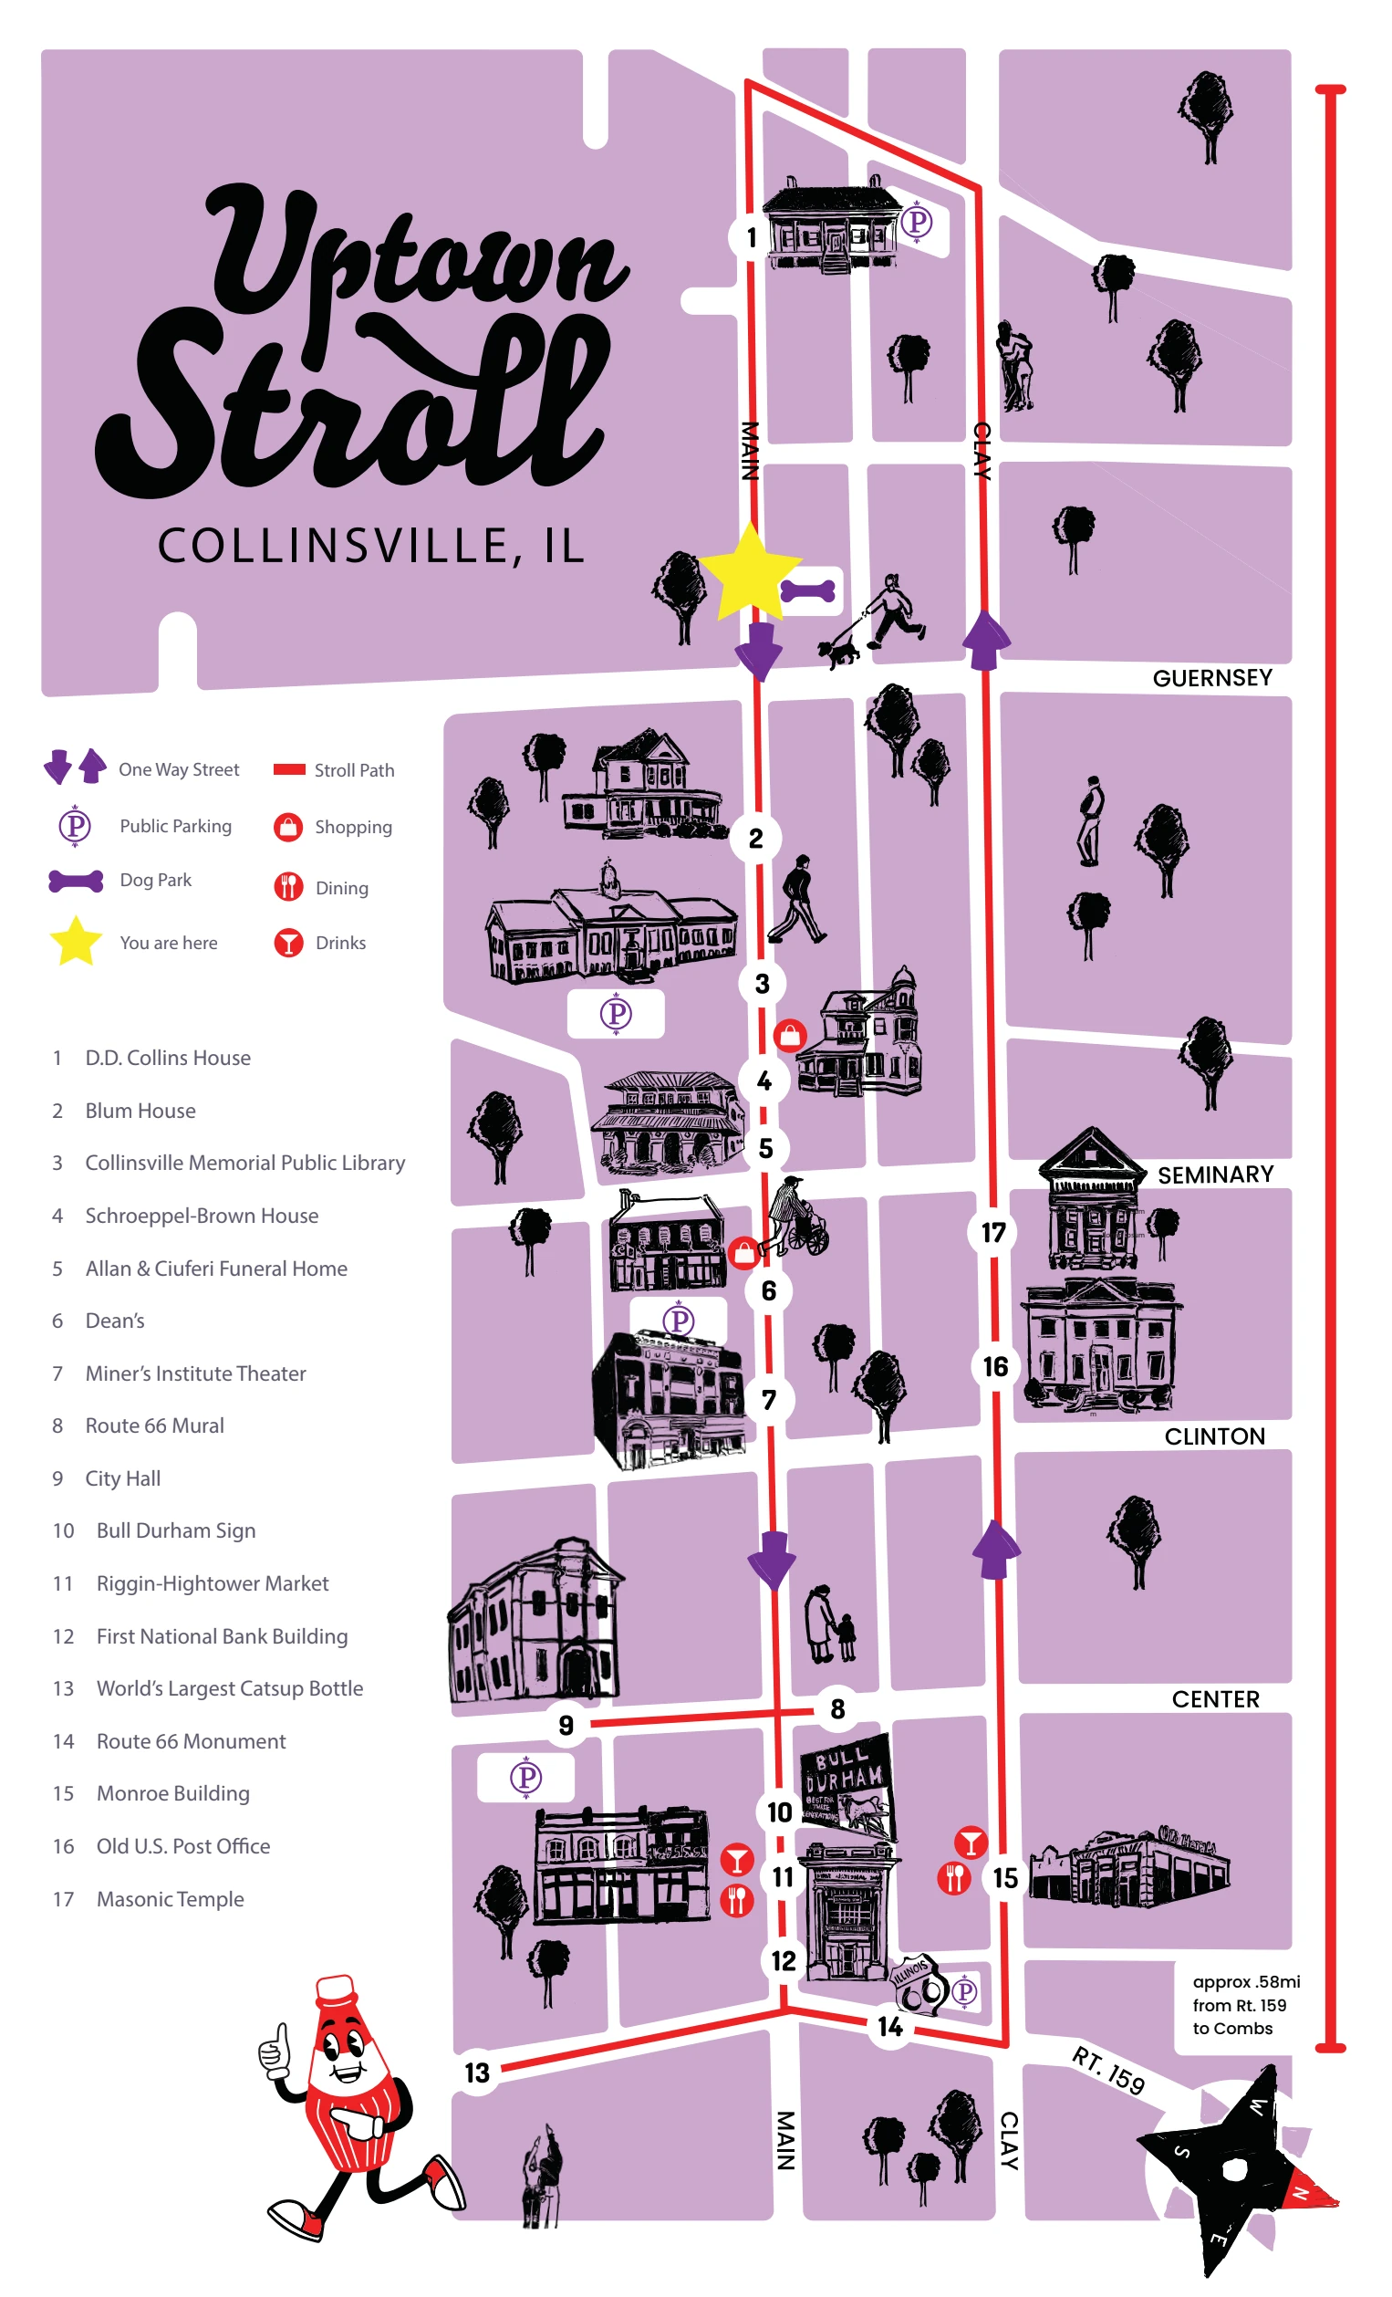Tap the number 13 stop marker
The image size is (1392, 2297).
[x=477, y=2073]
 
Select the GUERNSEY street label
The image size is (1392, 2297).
[x=1211, y=678]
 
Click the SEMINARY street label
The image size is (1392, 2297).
[x=1215, y=1175]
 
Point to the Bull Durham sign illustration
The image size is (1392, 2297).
[x=845, y=1784]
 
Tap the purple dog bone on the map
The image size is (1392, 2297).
[x=808, y=591]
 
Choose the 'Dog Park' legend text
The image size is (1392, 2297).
[x=156, y=880]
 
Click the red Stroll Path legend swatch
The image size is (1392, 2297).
[x=289, y=770]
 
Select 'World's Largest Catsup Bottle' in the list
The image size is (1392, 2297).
[x=229, y=1688]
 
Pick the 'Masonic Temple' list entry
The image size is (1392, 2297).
[x=170, y=1899]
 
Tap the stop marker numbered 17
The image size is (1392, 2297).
[x=993, y=1232]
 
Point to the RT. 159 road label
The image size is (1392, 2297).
[x=1106, y=2071]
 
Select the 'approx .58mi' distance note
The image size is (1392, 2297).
[x=1245, y=1982]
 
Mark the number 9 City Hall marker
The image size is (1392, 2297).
[x=566, y=1726]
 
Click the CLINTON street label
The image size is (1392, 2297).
[x=1214, y=1436]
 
